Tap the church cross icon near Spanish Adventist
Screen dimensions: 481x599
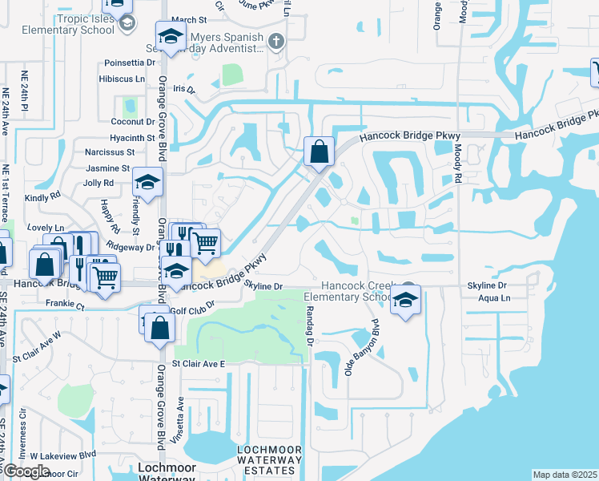point(276,41)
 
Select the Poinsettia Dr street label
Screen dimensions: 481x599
point(130,63)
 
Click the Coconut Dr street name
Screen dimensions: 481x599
point(132,121)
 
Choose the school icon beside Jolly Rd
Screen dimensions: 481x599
point(147,183)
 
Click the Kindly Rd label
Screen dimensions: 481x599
point(42,195)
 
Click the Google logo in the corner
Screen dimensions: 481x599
point(26,471)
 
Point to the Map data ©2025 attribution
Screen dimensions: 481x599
point(564,475)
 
